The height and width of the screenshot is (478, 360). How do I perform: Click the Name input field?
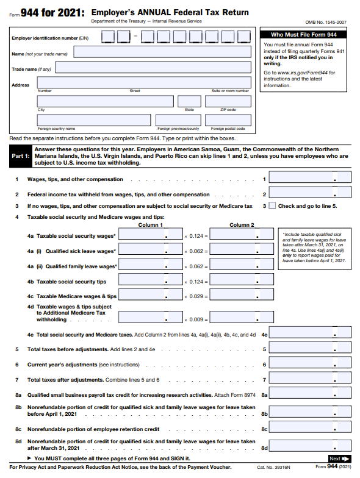(161, 53)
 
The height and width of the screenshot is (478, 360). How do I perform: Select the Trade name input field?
(161, 69)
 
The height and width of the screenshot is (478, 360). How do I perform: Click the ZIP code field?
(228, 101)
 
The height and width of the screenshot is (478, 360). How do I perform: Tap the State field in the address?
(189, 101)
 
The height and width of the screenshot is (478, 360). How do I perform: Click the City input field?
(105, 101)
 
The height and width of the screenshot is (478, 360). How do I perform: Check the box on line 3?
(272, 206)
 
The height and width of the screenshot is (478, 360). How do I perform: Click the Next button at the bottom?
(339, 458)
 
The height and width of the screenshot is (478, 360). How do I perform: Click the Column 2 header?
(240, 225)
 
